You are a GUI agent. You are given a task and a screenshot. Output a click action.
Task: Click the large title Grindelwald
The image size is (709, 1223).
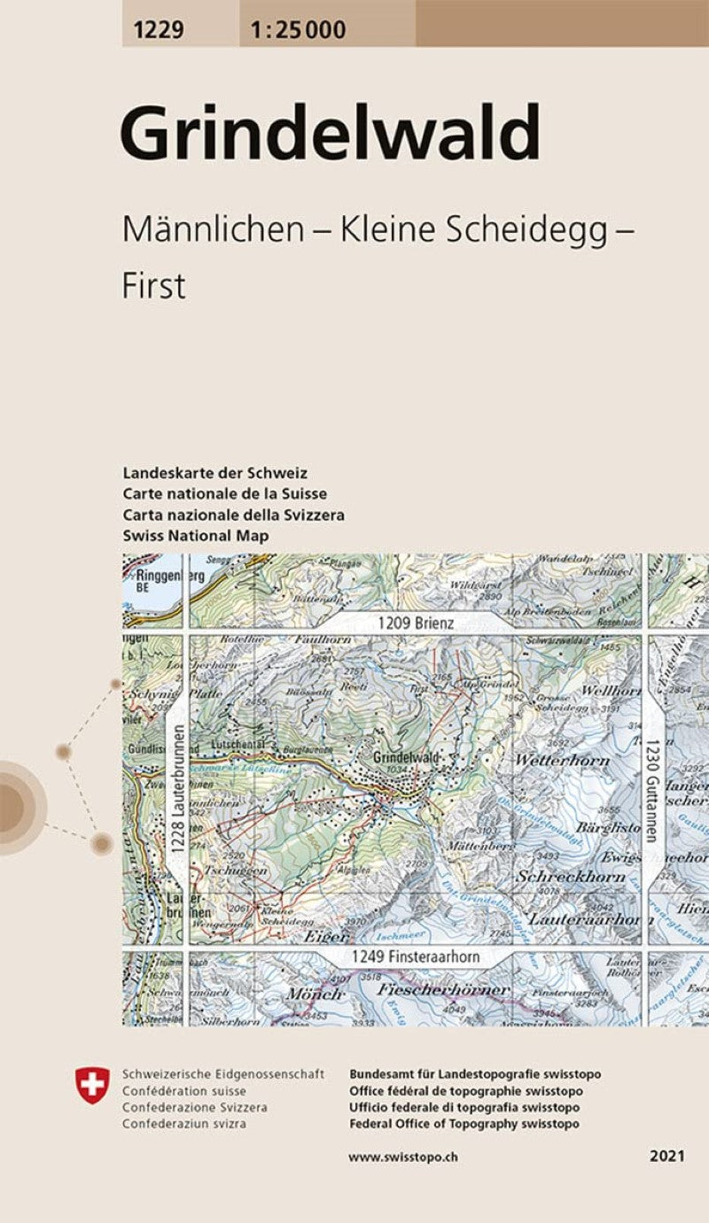click(330, 133)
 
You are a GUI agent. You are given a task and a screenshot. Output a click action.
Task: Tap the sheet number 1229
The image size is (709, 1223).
click(159, 31)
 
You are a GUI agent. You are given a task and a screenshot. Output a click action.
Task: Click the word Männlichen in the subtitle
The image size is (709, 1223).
click(212, 230)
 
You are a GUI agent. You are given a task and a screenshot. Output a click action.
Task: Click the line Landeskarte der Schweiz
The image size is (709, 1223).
click(214, 473)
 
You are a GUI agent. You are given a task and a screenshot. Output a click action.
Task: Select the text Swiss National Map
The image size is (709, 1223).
click(196, 536)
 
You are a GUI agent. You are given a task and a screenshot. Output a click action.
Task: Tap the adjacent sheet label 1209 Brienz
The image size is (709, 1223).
click(415, 623)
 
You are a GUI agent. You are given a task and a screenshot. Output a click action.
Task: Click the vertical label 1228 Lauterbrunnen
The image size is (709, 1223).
click(177, 791)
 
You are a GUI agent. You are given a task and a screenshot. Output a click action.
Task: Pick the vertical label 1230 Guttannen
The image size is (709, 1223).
click(651, 791)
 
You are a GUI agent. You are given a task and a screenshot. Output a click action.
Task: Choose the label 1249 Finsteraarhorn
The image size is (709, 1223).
click(415, 957)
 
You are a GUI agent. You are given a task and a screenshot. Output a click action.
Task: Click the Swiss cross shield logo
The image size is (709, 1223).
click(92, 1085)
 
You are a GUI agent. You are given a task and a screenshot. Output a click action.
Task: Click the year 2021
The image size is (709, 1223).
click(666, 1157)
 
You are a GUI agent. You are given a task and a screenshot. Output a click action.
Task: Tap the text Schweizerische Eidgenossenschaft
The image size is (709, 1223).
click(223, 1074)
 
